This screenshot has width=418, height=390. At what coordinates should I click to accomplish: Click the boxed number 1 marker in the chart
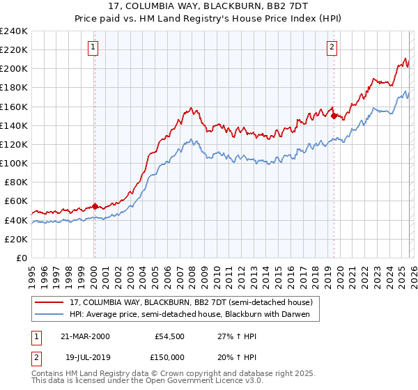coord(93,47)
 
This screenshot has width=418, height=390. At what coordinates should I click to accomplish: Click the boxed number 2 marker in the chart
coord(332,47)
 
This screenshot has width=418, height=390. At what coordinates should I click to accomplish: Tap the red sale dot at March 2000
coord(95,206)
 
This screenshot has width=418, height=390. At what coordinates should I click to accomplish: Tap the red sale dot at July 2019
coord(334,116)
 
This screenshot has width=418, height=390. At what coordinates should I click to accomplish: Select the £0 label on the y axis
coord(21,258)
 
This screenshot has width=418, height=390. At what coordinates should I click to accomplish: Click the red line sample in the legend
coord(50,303)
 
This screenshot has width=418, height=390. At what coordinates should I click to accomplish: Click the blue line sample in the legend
coord(50,315)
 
